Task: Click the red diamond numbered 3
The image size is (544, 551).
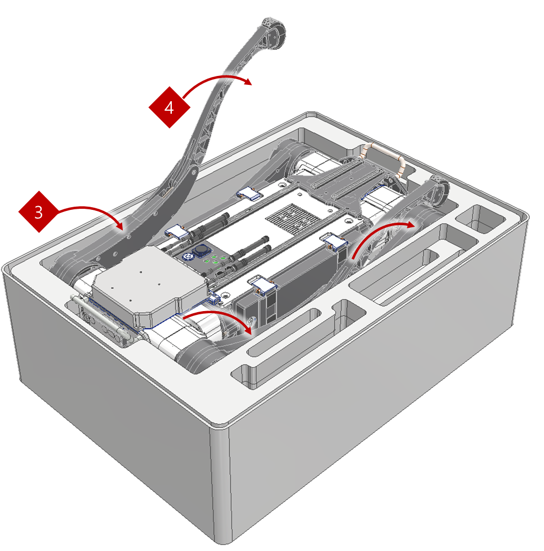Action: (x=38, y=212)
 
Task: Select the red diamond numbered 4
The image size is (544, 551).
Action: (x=169, y=108)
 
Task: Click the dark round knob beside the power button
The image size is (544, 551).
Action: (x=201, y=252)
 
